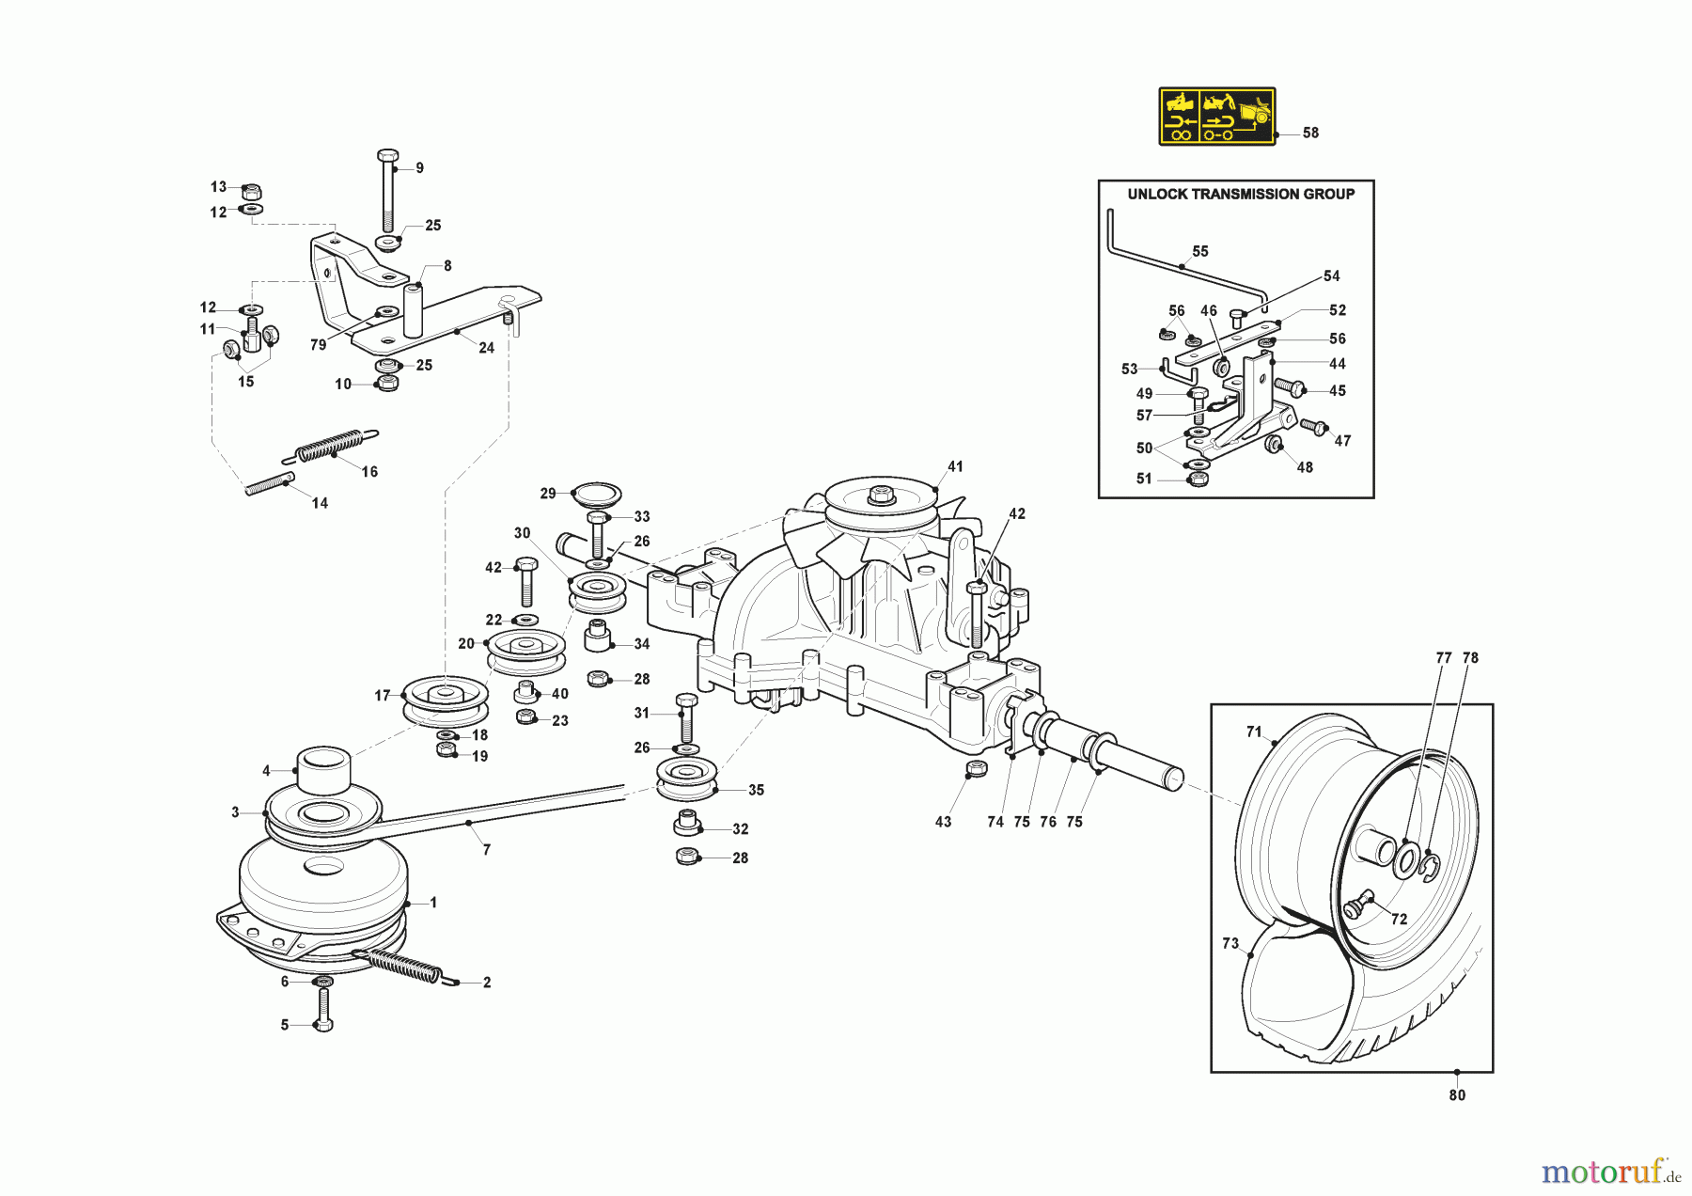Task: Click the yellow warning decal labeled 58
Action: pyautogui.click(x=1216, y=117)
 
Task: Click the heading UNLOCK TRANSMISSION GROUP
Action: pyautogui.click(x=1241, y=195)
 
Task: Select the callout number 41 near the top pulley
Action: pyautogui.click(x=955, y=466)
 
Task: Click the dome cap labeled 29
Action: pyautogui.click(x=596, y=493)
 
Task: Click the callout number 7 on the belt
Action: pyautogui.click(x=486, y=850)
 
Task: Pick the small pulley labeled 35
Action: pyautogui.click(x=686, y=779)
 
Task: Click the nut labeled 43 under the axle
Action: pyautogui.click(x=977, y=769)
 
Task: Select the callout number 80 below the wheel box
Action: pyautogui.click(x=1457, y=1095)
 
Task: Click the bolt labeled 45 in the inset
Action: pyautogui.click(x=1289, y=386)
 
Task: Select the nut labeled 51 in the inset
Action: pyautogui.click(x=1198, y=479)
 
